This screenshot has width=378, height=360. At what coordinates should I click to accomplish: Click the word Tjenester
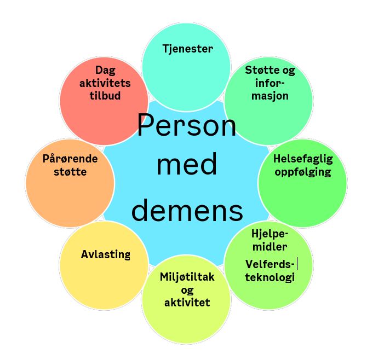(x=187, y=49)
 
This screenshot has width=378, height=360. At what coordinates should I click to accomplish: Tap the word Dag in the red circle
(x=105, y=71)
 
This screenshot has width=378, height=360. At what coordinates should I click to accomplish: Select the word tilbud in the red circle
(x=105, y=96)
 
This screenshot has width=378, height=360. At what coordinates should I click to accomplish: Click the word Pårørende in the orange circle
(x=70, y=159)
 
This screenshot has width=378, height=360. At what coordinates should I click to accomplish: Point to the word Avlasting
(x=106, y=255)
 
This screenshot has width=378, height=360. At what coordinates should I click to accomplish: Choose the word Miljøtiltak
(x=187, y=277)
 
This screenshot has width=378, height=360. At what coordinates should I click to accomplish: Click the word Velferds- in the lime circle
(x=270, y=264)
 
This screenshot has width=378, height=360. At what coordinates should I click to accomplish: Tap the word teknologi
(x=270, y=277)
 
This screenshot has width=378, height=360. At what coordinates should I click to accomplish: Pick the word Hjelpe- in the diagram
(x=270, y=234)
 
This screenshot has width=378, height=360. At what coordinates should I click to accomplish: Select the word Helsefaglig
(x=303, y=159)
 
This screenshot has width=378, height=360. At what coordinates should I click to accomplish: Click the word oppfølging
(x=303, y=172)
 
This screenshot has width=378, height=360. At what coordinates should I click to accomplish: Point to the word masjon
(x=270, y=96)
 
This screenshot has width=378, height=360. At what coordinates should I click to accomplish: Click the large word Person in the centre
(x=187, y=125)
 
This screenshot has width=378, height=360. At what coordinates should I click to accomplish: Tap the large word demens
(x=187, y=210)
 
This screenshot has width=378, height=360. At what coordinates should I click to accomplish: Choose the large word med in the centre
(x=187, y=164)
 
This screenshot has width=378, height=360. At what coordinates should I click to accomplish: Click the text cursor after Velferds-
(x=298, y=264)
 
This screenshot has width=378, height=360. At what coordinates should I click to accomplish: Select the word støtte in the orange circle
(x=70, y=172)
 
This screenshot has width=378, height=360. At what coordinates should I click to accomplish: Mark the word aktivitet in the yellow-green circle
(x=187, y=303)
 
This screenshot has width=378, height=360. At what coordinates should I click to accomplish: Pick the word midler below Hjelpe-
(x=270, y=247)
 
